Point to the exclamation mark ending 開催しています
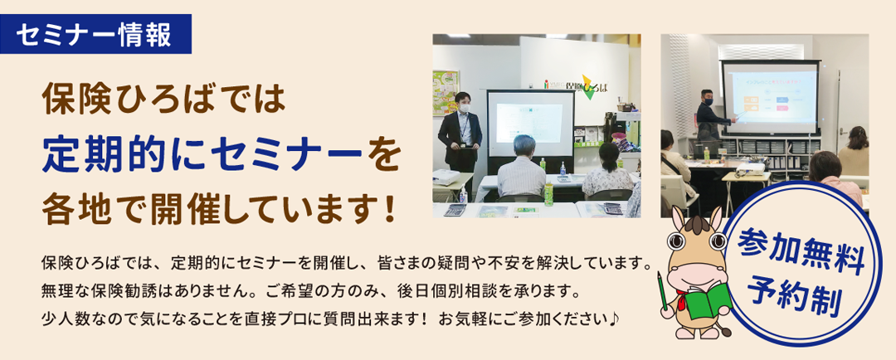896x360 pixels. pos(390,211)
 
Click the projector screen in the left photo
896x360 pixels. pos(530,124)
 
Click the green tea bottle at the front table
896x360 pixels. pos(548,194)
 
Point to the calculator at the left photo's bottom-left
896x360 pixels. pos(455,210)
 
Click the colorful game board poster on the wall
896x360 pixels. pos(446,93)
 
